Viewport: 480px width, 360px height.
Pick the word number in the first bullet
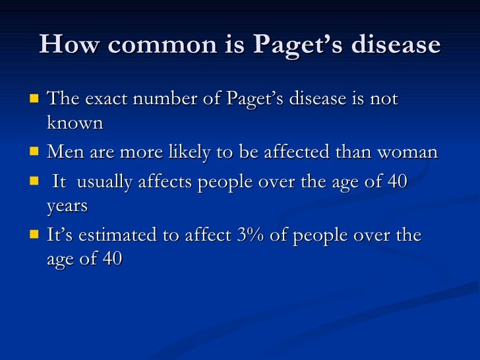tap(161, 99)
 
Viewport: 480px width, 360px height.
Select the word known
tap(75, 123)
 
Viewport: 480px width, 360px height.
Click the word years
tap(67, 206)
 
